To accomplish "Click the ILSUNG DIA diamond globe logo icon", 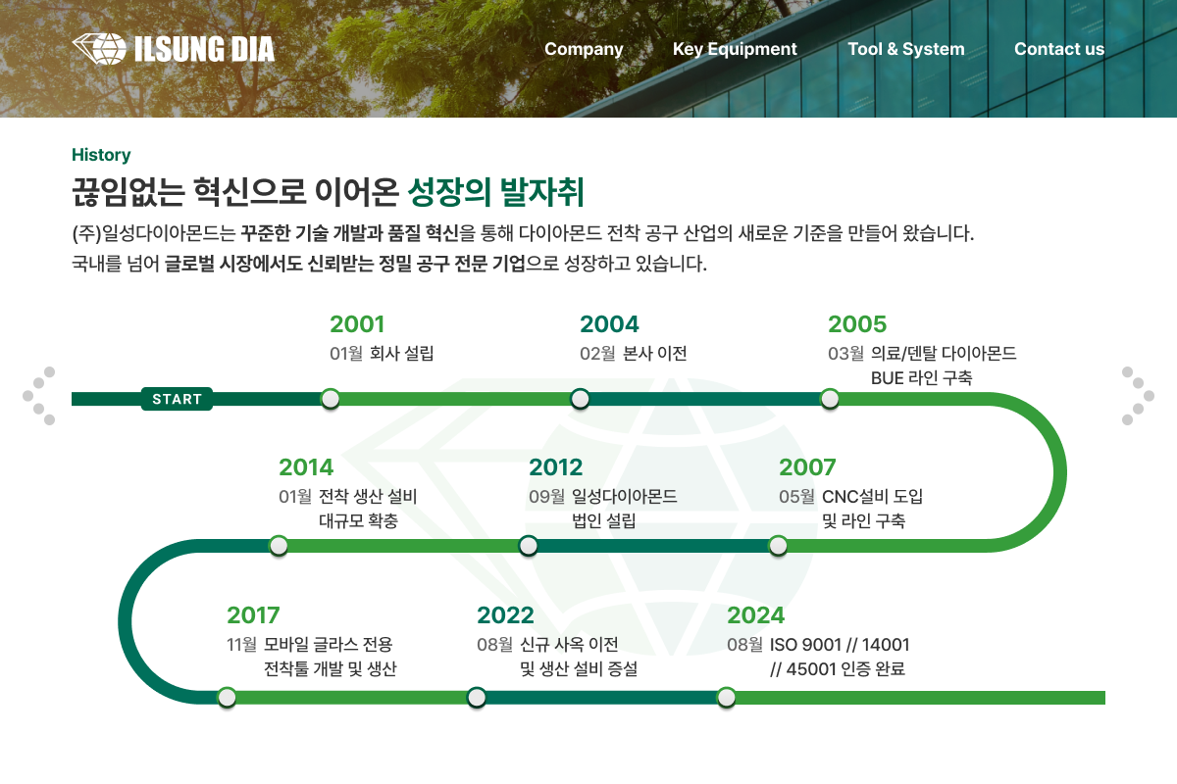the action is pos(99,49).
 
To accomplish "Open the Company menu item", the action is pos(584,49).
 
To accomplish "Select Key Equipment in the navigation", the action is pos(735,49).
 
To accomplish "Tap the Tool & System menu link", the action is pos(906,49).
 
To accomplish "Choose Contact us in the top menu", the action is pos(1059,49).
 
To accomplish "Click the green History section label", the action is pos(101,155).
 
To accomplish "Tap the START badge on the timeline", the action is pos(178,399).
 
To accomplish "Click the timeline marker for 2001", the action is pos(331,399).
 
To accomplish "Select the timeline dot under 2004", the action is pos(580,399).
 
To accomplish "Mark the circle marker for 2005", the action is pos(830,399).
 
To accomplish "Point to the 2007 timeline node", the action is pos(778,546).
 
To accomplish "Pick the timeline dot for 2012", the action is pos(529,546).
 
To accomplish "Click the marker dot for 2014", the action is pos(279,546).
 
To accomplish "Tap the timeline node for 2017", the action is pos(227,698).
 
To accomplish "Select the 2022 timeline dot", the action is pos(477,698).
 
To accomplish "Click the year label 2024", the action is pos(755,615).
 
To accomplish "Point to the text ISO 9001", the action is pos(805,645).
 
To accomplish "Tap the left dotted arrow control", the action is pos(39,396).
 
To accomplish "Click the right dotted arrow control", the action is pos(1138,396).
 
